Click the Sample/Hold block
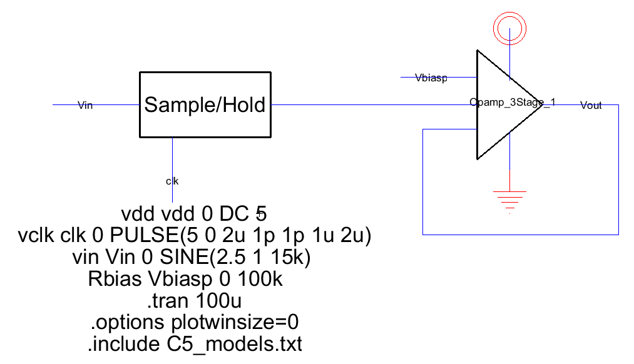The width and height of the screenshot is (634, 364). pos(205,104)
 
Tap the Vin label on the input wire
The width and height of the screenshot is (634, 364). pos(84,105)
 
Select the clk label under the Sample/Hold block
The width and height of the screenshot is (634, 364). pos(172,181)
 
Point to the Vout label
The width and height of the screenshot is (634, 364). pos(591,106)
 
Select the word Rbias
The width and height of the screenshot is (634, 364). pos(113,280)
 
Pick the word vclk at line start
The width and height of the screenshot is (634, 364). pos(38,236)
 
